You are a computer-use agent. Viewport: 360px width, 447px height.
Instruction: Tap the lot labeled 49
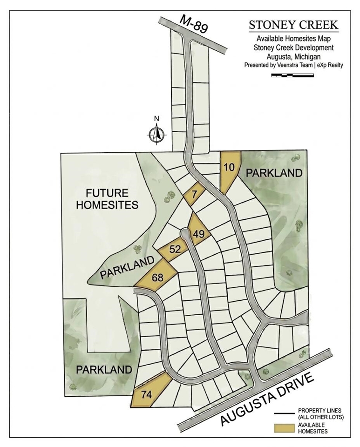click(198, 234)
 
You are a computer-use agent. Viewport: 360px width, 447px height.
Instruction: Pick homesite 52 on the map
click(175, 250)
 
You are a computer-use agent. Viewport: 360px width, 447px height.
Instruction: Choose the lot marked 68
click(157, 278)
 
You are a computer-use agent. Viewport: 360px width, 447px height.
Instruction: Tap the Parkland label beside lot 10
click(274, 173)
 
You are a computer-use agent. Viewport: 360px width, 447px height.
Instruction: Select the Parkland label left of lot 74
click(103, 370)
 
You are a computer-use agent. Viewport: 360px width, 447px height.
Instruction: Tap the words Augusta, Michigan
click(293, 56)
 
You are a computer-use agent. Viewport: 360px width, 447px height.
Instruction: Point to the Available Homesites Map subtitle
click(293, 39)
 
